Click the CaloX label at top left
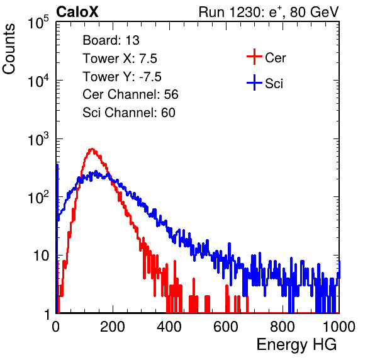[77, 12]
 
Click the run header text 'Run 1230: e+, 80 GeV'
[269, 12]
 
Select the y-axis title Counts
[9, 49]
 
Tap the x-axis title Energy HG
[296, 345]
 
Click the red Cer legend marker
[254, 57]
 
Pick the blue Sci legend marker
[254, 82]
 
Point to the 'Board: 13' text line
[111, 40]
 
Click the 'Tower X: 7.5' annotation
[120, 59]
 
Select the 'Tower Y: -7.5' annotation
[122, 77]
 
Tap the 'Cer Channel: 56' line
[131, 94]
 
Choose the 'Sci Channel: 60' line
[129, 113]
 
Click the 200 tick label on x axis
[113, 327]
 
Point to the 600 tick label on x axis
[226, 327]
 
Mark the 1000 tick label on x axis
[339, 327]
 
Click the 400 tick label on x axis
[169, 327]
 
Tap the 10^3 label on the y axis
[38, 139]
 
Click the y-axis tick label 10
[42, 256]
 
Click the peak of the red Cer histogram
[92, 149]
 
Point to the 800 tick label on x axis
[283, 327]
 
